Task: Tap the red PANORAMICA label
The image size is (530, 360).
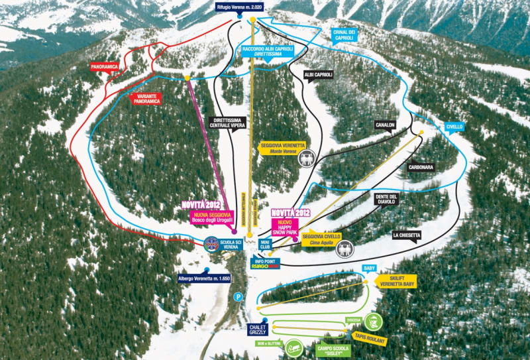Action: [105, 67]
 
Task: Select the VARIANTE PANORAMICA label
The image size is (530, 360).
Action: [148, 99]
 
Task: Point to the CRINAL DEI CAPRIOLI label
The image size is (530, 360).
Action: [343, 35]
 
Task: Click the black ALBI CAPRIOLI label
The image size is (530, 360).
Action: [318, 75]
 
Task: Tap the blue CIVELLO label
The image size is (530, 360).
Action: [454, 126]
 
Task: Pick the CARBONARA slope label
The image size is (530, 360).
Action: [421, 168]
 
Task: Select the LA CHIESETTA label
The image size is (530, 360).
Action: [405, 235]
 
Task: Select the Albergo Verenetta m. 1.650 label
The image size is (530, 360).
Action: [203, 278]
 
